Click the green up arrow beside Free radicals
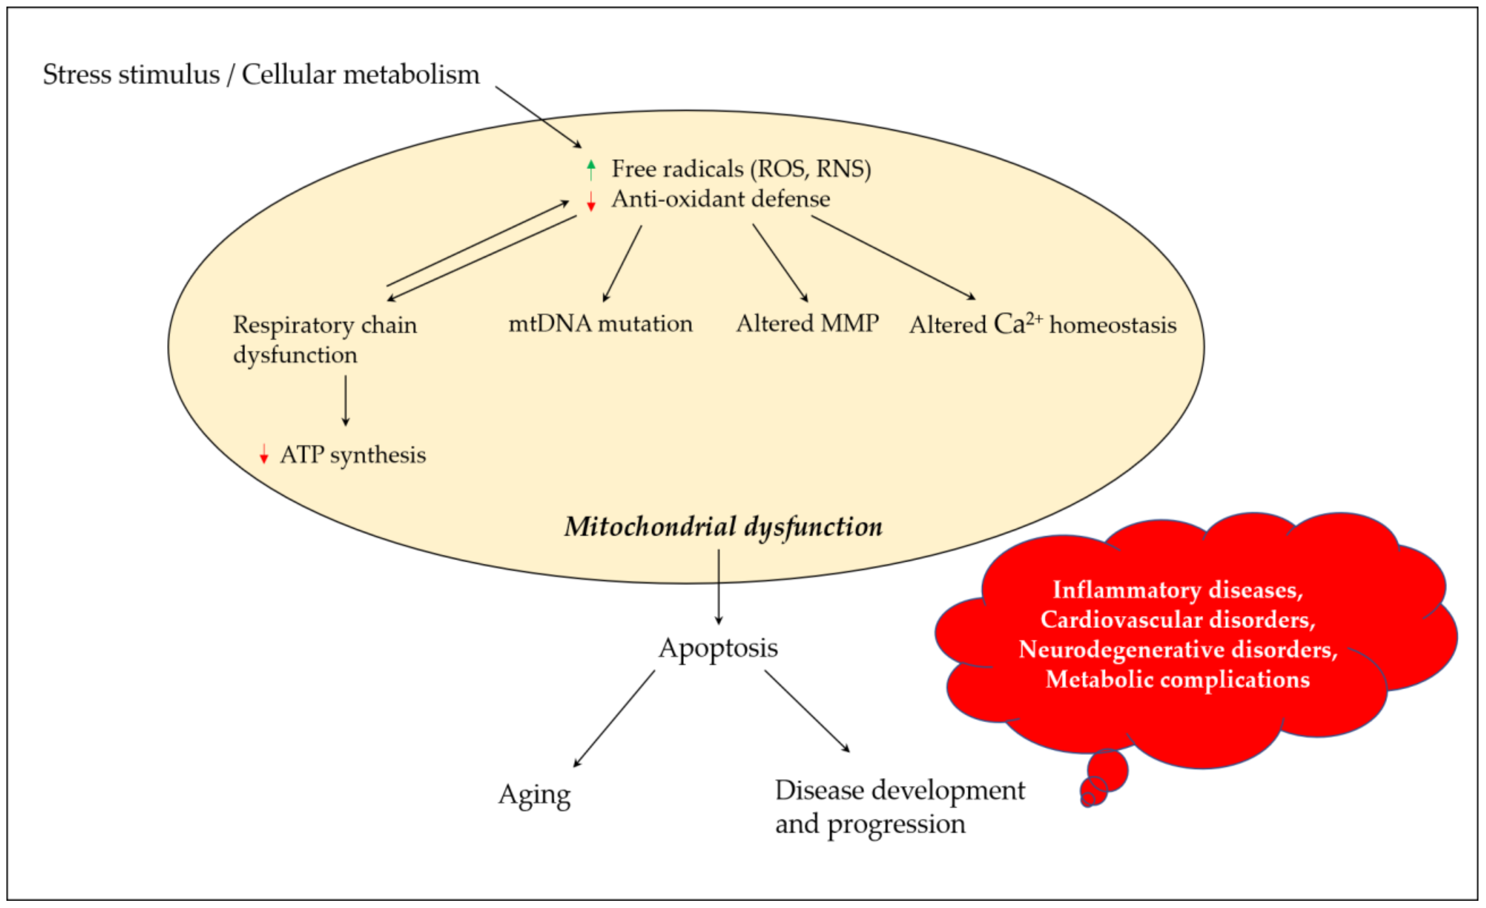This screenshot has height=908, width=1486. pyautogui.click(x=591, y=170)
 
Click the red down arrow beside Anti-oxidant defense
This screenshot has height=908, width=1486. pyautogui.click(x=591, y=201)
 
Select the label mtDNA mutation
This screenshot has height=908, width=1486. pyautogui.click(x=600, y=324)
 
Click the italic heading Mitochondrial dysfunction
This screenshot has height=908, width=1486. pyautogui.click(x=723, y=527)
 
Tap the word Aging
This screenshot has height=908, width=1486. pyautogui.click(x=534, y=795)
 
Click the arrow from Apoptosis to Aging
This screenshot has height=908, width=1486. pyautogui.click(x=614, y=719)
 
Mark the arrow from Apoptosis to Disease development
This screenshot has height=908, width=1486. pyautogui.click(x=807, y=712)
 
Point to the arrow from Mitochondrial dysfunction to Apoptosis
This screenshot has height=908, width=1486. pyautogui.click(x=718, y=586)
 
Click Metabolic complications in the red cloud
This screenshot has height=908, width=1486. pyautogui.click(x=1177, y=679)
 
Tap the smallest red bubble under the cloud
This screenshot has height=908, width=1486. pyautogui.click(x=1087, y=800)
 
